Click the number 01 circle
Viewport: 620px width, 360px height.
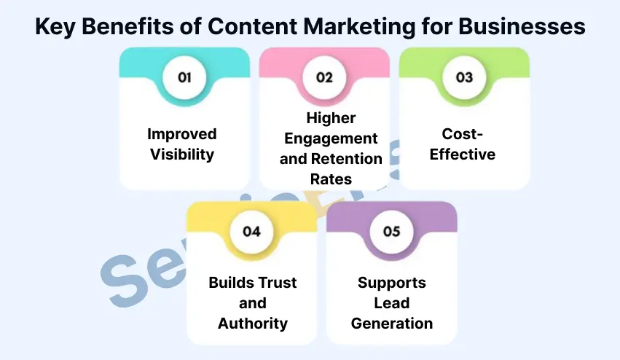(184, 77)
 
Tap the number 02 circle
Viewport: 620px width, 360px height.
(324, 77)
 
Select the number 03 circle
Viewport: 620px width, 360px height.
(464, 77)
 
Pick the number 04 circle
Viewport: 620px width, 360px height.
(251, 231)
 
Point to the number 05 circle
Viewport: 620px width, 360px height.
(391, 231)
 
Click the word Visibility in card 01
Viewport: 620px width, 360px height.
(182, 154)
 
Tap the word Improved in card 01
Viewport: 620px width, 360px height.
(182, 134)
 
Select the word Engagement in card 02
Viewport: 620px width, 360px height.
(331, 138)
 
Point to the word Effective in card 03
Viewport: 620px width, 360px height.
(463, 154)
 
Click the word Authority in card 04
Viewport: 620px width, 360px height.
(252, 323)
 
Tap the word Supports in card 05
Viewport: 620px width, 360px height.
(392, 283)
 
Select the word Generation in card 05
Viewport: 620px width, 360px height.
(392, 323)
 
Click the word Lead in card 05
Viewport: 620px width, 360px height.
(392, 303)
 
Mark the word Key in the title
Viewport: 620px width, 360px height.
(58, 26)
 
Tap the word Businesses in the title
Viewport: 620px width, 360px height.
(520, 26)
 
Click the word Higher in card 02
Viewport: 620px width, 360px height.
(331, 118)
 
